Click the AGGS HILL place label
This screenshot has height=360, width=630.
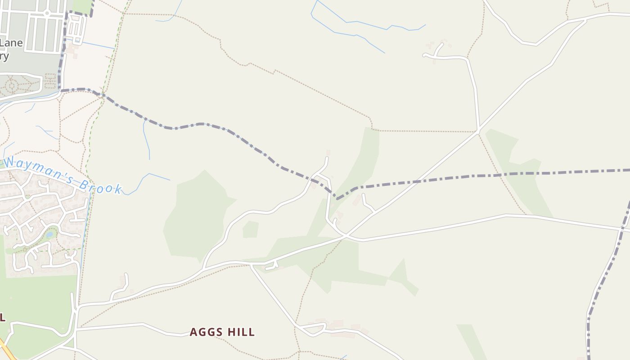(222, 332)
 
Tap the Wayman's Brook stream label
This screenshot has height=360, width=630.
(63, 175)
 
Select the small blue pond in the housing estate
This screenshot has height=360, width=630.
(49, 234)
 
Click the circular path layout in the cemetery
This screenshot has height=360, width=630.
(11, 85)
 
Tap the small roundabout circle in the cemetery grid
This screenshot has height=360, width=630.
(47, 13)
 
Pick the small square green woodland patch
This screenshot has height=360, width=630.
(251, 229)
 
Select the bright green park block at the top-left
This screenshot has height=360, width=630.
(82, 5)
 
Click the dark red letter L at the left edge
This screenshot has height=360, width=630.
(2, 317)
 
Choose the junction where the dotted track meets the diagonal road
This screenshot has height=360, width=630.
(478, 132)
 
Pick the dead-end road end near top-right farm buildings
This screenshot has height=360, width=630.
(424, 55)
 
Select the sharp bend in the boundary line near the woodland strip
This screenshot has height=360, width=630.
(337, 198)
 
